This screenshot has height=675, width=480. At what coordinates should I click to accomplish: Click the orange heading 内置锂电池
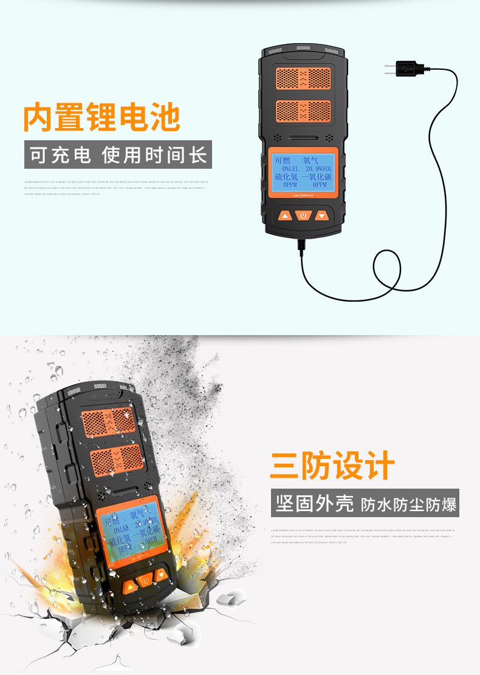pyautogui.click(x=101, y=118)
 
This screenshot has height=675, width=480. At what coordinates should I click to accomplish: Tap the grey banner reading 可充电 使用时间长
pyautogui.click(x=118, y=155)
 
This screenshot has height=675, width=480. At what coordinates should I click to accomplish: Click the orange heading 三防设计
pyautogui.click(x=332, y=466)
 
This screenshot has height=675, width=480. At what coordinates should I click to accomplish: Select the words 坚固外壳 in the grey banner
pyautogui.click(x=314, y=503)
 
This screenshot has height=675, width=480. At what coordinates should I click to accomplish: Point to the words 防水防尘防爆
pyautogui.click(x=408, y=504)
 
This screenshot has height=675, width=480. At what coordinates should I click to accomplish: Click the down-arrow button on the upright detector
pyautogui.click(x=321, y=215)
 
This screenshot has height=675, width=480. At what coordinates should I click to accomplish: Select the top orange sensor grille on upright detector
pyautogui.click(x=303, y=78)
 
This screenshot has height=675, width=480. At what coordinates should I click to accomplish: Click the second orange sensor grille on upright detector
pyautogui.click(x=303, y=111)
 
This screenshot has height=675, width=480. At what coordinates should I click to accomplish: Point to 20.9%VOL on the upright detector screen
pyautogui.click(x=319, y=169)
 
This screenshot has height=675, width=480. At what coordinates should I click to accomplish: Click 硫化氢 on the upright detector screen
pyautogui.click(x=286, y=177)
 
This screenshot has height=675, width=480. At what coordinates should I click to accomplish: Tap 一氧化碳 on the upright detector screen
pyautogui.click(x=320, y=177)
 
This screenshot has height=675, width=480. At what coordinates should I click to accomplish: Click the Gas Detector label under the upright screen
pyautogui.click(x=303, y=195)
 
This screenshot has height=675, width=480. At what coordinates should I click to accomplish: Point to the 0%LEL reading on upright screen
pyautogui.click(x=287, y=169)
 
